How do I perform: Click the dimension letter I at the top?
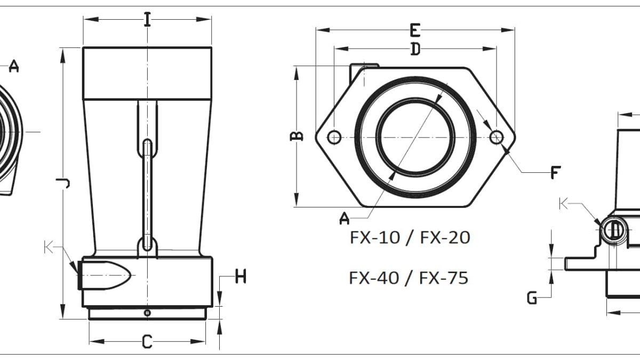pyautogui.click(x=147, y=19)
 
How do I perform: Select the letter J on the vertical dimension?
pyautogui.click(x=63, y=183)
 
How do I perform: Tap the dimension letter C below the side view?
pyautogui.click(x=147, y=341)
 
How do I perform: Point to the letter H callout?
pyautogui.click(x=241, y=276)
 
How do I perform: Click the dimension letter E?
pyautogui.click(x=415, y=30)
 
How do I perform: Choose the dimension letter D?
pyautogui.click(x=415, y=49)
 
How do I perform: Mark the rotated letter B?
pyautogui.click(x=297, y=136)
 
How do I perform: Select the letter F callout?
pyautogui.click(x=555, y=172)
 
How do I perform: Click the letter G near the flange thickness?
pyautogui.click(x=532, y=298)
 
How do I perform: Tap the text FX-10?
pyautogui.click(x=375, y=237)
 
